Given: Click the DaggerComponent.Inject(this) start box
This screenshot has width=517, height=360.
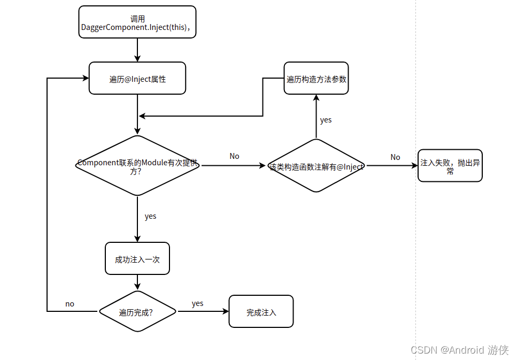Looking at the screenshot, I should (137, 22).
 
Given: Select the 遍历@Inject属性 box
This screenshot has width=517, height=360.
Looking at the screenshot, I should (137, 79).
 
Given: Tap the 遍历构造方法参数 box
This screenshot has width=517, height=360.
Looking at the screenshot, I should (316, 79).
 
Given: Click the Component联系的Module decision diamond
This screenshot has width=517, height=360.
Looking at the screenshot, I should (137, 166).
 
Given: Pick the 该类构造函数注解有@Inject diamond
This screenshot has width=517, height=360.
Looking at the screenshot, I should (316, 166).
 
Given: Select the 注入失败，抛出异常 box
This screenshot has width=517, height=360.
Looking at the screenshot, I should (450, 166).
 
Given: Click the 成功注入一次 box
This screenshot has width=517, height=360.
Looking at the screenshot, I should (137, 259).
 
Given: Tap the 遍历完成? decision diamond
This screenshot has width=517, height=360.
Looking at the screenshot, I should (137, 311).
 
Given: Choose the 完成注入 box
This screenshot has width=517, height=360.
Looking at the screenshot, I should (261, 311).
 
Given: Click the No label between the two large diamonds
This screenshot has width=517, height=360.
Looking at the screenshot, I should (234, 156).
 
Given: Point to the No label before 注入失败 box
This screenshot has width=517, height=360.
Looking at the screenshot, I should (395, 157).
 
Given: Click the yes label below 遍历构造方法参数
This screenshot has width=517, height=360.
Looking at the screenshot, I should (326, 120).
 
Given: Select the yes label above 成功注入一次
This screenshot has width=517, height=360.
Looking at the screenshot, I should (150, 217).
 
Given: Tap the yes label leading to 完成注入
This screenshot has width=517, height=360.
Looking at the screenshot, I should (197, 304).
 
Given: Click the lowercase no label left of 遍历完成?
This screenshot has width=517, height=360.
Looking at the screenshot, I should (70, 304).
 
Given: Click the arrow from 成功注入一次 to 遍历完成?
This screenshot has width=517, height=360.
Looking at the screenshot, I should (137, 282).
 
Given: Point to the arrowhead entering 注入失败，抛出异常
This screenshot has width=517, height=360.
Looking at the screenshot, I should (414, 166).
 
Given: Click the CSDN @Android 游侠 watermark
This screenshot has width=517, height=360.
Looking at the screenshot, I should (459, 350).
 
